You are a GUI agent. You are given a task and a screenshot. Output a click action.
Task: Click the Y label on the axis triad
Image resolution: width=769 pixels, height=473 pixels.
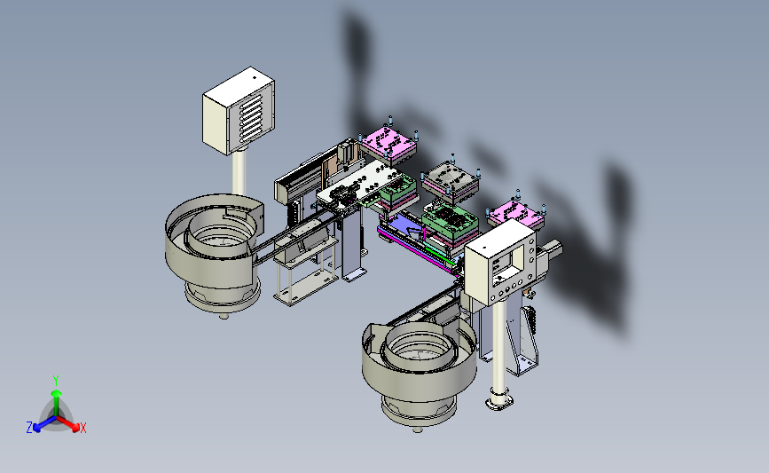coord(55,381)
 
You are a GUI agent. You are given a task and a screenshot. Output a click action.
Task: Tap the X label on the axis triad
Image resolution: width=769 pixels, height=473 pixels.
coord(82,428)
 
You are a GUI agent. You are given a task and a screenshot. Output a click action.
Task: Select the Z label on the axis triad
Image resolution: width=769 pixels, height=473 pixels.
coord(29,428)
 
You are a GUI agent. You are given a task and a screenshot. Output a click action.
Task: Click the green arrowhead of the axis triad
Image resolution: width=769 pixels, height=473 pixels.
coord(56,393)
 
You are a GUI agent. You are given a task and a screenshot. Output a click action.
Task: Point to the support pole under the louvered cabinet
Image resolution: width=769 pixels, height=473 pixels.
coord(239,173)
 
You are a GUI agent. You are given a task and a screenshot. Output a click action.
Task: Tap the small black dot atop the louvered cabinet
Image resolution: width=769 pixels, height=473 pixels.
coord(254,77)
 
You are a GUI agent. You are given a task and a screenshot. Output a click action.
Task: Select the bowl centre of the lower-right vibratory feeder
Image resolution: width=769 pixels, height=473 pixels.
coord(420,346)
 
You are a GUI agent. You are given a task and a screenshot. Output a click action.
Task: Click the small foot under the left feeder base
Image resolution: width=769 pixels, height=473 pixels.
coord(224,316)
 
